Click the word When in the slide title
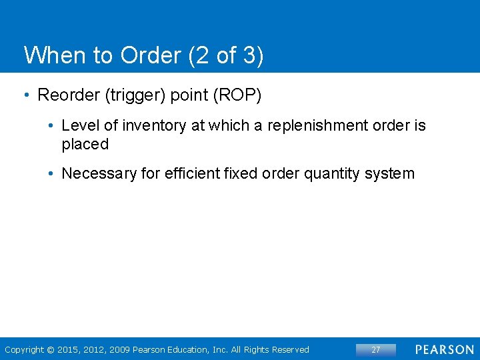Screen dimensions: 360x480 pos(46,55)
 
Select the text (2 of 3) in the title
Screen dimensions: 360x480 pos(226,55)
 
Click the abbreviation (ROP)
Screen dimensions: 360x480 pos(237,95)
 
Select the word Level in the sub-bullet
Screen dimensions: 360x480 pos(79,125)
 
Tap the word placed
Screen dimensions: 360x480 pos(85,144)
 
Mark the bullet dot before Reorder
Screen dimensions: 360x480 pos(26,95)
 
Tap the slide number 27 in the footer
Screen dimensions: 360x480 pos(375,349)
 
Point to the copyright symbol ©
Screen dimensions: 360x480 pos(51,349)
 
